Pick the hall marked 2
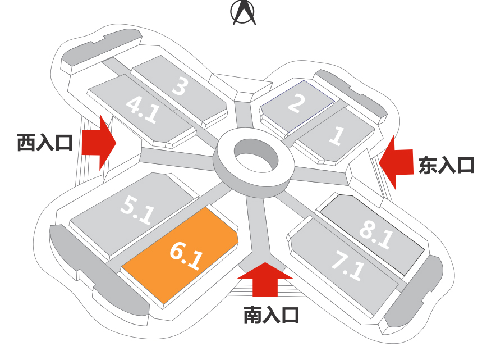click(296, 105)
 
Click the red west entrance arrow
click(99, 143)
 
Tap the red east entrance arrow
click(396, 162)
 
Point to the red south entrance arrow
click(265, 278)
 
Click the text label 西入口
click(45, 143)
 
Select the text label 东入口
click(447, 165)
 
